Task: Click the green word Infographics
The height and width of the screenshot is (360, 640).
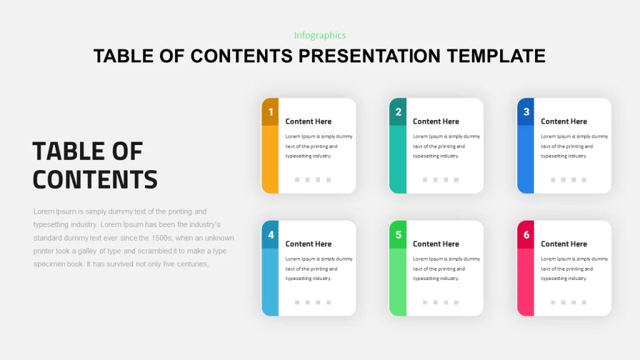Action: click(320, 36)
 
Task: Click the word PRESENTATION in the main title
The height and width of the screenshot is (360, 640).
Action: click(369, 56)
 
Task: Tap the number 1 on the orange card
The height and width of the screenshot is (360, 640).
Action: click(270, 112)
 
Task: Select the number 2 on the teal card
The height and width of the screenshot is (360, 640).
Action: click(398, 112)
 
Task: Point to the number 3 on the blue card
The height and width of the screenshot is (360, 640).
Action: click(526, 112)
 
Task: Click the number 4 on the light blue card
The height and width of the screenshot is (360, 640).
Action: click(271, 235)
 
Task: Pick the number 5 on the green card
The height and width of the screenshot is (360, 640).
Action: click(398, 235)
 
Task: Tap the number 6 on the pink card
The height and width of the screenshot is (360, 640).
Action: click(526, 235)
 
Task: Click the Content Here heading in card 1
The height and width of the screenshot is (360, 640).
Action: click(308, 121)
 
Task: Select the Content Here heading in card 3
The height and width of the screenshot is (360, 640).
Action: click(564, 121)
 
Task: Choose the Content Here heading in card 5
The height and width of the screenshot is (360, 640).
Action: click(436, 244)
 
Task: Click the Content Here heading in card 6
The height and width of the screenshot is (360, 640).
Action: click(564, 244)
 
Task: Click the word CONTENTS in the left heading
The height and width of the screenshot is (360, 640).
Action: click(95, 179)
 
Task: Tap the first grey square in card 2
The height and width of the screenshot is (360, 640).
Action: click(425, 179)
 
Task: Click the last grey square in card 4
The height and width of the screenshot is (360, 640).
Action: click(329, 302)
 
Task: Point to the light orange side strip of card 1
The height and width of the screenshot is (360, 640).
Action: click(270, 159)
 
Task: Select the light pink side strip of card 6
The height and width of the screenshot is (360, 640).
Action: click(525, 282)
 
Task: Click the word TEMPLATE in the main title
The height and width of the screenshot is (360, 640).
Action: click(496, 56)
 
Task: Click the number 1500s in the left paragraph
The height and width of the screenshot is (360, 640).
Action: click(162, 238)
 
